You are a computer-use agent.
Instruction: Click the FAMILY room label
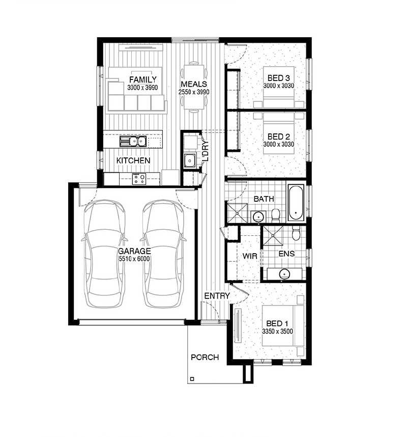[143, 79]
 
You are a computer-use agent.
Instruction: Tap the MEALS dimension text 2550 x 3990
[194, 92]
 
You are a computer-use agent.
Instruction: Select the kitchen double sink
[133, 141]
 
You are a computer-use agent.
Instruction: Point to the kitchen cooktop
[139, 179]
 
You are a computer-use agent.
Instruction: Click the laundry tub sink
[190, 161]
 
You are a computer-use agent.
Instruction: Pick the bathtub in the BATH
[296, 202]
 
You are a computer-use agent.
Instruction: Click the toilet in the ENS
[296, 233]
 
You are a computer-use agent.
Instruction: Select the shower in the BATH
[237, 213]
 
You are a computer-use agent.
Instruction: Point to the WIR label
[250, 256]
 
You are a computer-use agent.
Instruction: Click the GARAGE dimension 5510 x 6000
[134, 259]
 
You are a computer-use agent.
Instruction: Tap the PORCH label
[205, 358]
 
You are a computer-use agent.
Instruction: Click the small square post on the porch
[192, 379]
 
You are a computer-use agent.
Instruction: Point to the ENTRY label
[217, 296]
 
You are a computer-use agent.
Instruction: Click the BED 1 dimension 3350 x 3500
[277, 332]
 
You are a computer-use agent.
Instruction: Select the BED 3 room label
[279, 78]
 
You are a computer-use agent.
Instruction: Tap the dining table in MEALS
[194, 87]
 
